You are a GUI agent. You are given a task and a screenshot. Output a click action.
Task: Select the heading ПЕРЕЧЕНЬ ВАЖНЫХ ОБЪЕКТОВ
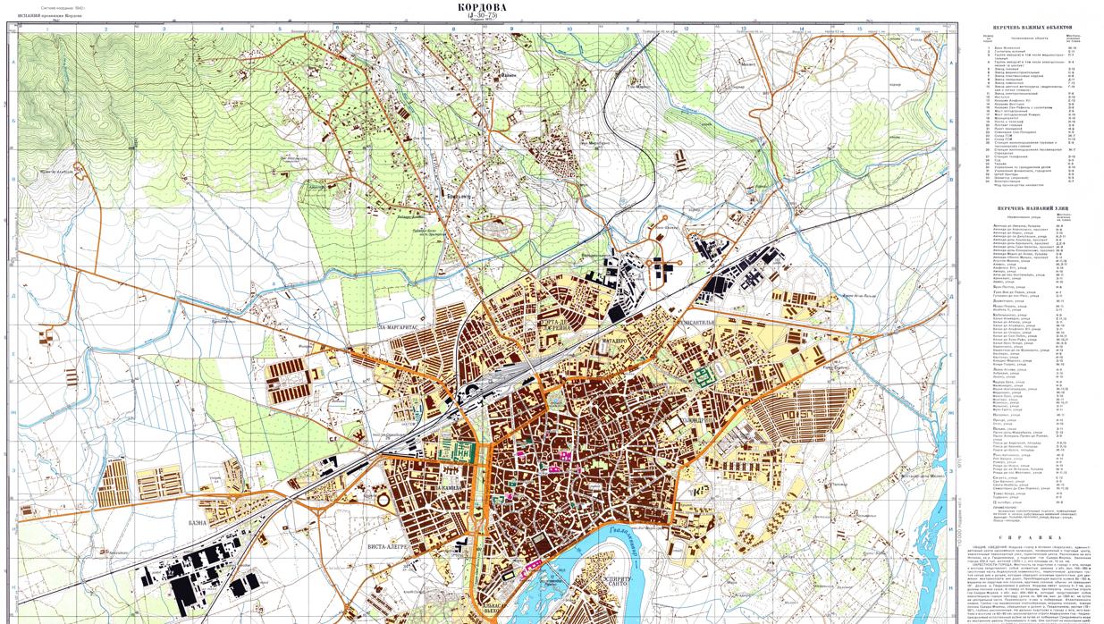coord(1025,28)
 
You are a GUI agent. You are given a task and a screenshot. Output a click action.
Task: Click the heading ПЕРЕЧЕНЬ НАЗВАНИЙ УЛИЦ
coord(1024,208)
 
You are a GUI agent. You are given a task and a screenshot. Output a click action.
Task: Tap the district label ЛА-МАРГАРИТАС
coord(400,327)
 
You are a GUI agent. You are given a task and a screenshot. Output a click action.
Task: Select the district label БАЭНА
coord(198,522)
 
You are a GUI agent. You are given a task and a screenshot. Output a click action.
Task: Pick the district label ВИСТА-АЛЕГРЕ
coord(386,545)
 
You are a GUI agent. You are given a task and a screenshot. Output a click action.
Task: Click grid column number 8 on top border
coord(453,29)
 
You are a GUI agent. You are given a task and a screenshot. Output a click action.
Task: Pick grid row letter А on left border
coord(16,61)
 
